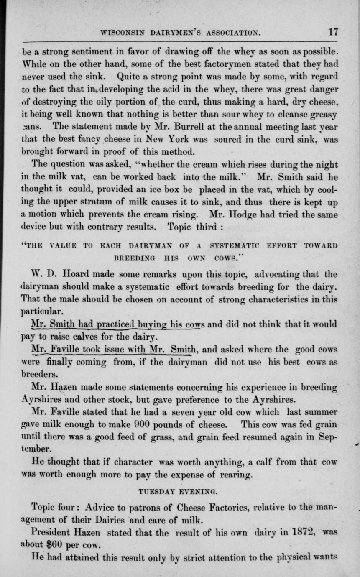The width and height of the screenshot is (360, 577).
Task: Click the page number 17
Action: coord(333,31)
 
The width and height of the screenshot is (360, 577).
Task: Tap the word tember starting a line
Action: coord(41,447)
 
